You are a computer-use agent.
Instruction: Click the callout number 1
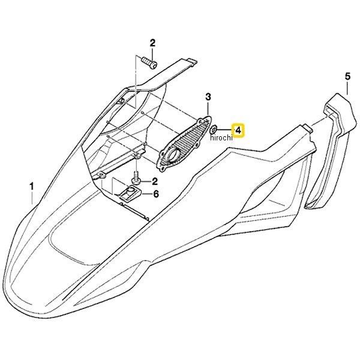tap(32, 186)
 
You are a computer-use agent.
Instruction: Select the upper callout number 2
tap(152, 43)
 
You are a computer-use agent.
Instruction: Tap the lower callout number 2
tap(155, 181)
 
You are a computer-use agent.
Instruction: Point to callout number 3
tap(208, 97)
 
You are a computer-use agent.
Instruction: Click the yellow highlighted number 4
tap(239, 131)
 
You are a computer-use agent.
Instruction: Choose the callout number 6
tap(156, 194)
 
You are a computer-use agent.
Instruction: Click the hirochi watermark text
tap(221, 137)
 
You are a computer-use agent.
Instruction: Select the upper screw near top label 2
tap(149, 62)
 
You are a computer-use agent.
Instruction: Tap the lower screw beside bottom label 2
tap(136, 178)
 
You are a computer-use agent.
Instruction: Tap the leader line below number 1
tap(32, 198)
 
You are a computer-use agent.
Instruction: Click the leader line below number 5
tap(347, 88)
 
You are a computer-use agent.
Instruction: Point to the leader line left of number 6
tap(146, 194)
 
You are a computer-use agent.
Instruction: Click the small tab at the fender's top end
tap(193, 62)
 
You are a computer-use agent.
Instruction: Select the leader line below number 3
tap(208, 109)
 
